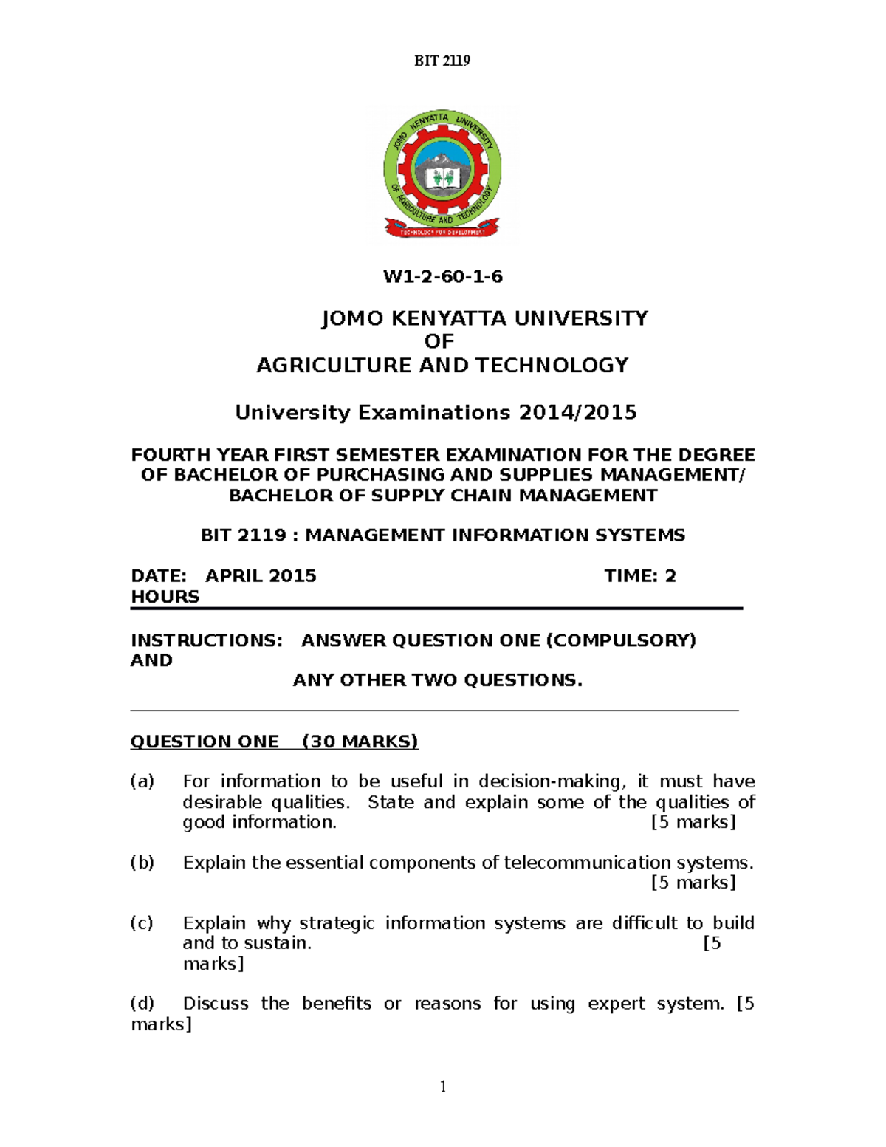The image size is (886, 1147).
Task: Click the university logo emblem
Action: [442, 174]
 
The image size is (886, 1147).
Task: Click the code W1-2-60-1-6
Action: [442, 277]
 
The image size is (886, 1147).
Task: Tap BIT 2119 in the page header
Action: [442, 61]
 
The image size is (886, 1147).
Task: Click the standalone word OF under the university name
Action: [439, 341]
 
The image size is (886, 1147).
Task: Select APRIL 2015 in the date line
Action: [261, 576]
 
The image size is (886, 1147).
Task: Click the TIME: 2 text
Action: [640, 576]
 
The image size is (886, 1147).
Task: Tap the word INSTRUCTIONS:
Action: [207, 640]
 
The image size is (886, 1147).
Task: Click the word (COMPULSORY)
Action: [620, 640]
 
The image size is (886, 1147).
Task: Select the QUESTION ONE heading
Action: [205, 742]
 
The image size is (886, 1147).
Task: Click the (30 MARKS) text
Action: [360, 742]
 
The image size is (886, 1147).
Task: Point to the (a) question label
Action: [142, 781]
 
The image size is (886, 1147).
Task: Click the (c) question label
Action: [142, 923]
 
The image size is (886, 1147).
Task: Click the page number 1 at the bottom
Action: [443, 1086]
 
